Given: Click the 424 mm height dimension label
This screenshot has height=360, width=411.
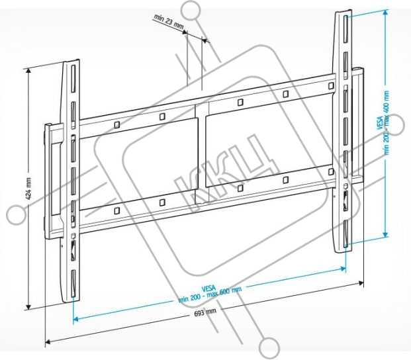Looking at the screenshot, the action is point(28,188).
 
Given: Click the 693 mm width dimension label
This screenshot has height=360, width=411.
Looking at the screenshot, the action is point(205,312).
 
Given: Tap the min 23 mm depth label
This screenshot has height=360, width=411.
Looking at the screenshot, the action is point(169,21).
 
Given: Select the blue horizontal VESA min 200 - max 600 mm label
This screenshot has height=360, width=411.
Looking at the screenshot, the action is point(210,294).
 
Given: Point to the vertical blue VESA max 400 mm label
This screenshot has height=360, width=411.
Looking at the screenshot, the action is point(383,122).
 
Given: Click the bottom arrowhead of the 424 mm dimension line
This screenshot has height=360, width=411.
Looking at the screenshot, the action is point(28,307).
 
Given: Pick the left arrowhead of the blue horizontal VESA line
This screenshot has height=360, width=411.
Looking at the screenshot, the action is point(75,319).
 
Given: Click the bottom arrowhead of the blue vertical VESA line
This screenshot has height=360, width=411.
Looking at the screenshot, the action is point(385,234).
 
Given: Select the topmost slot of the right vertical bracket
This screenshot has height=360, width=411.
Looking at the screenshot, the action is point(345,29).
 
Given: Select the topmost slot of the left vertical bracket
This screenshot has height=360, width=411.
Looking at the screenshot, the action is point(73,79).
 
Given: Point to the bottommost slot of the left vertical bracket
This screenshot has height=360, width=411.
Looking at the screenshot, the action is point(73,283).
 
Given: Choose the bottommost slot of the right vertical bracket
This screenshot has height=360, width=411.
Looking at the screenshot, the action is point(346,234).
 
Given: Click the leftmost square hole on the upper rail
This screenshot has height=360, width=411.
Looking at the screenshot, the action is point(117,124).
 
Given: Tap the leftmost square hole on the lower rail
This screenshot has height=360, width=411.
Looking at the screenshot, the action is point(117,210).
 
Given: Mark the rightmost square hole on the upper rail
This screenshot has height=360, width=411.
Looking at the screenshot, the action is point(331,85).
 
